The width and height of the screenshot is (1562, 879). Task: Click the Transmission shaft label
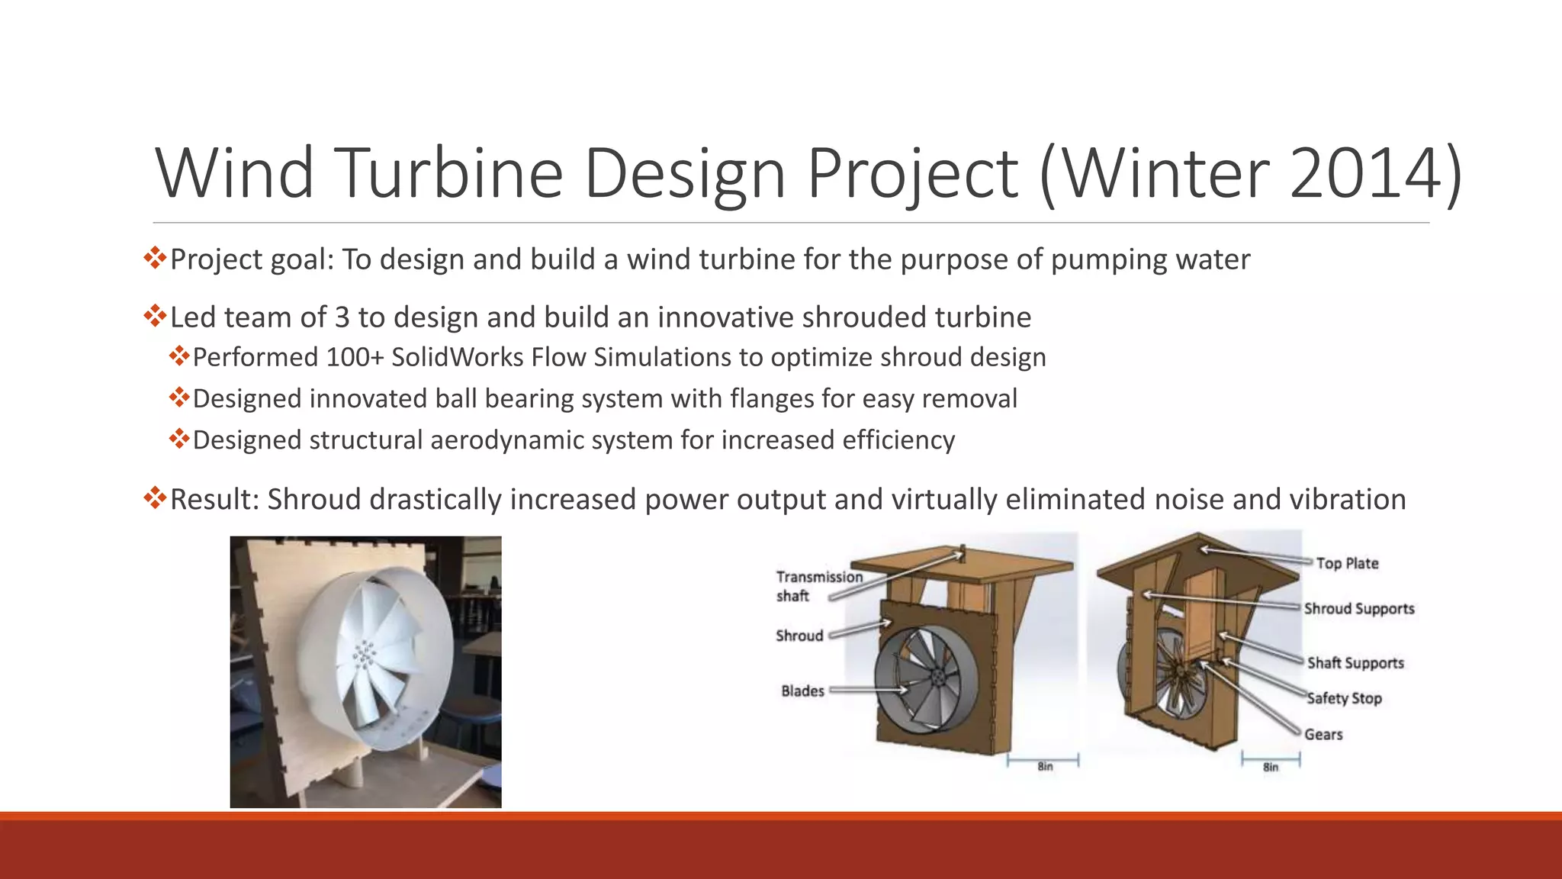coord(818,586)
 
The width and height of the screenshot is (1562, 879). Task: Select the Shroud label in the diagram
coord(799,636)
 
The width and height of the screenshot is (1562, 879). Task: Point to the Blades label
coord(802,691)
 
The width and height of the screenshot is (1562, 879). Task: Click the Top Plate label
coord(1347,563)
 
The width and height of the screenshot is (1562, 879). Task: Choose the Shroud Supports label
coord(1358,608)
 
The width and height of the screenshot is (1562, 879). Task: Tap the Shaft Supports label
coord(1355,662)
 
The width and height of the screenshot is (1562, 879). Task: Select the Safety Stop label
coord(1344,698)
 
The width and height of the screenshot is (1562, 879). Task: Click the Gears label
coord(1323,734)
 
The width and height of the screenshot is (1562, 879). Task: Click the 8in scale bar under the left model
coord(1043,761)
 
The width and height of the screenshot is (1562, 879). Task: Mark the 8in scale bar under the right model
coord(1270,761)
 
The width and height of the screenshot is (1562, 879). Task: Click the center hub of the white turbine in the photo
coord(365,655)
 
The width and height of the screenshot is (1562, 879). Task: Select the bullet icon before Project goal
coord(155,258)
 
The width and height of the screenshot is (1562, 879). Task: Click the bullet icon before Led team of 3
coord(155,316)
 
